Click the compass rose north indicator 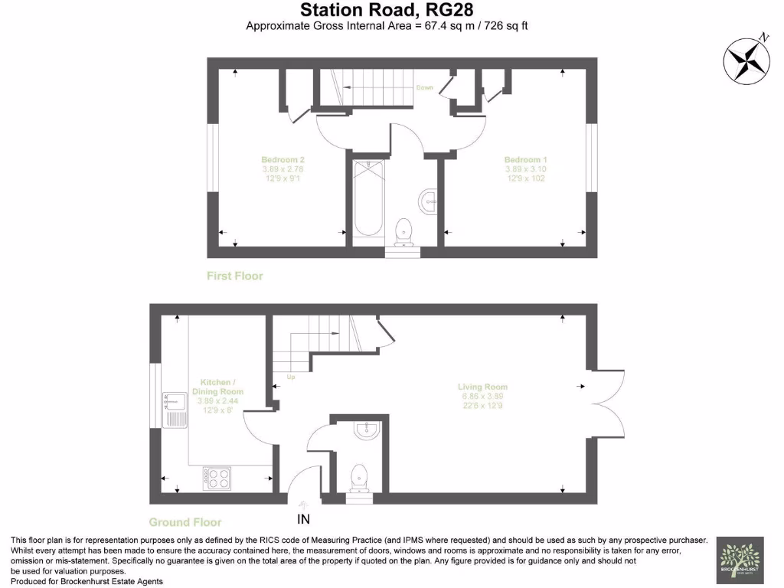point(747,60)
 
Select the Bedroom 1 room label point(525,168)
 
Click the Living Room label point(482,397)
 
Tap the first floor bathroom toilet point(403,228)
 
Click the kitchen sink point(174,410)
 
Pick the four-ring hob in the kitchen point(217,479)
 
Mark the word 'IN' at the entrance point(304,521)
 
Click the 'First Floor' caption point(235,276)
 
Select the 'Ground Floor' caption point(181,522)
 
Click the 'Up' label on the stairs point(290,377)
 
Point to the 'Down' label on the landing point(424,88)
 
